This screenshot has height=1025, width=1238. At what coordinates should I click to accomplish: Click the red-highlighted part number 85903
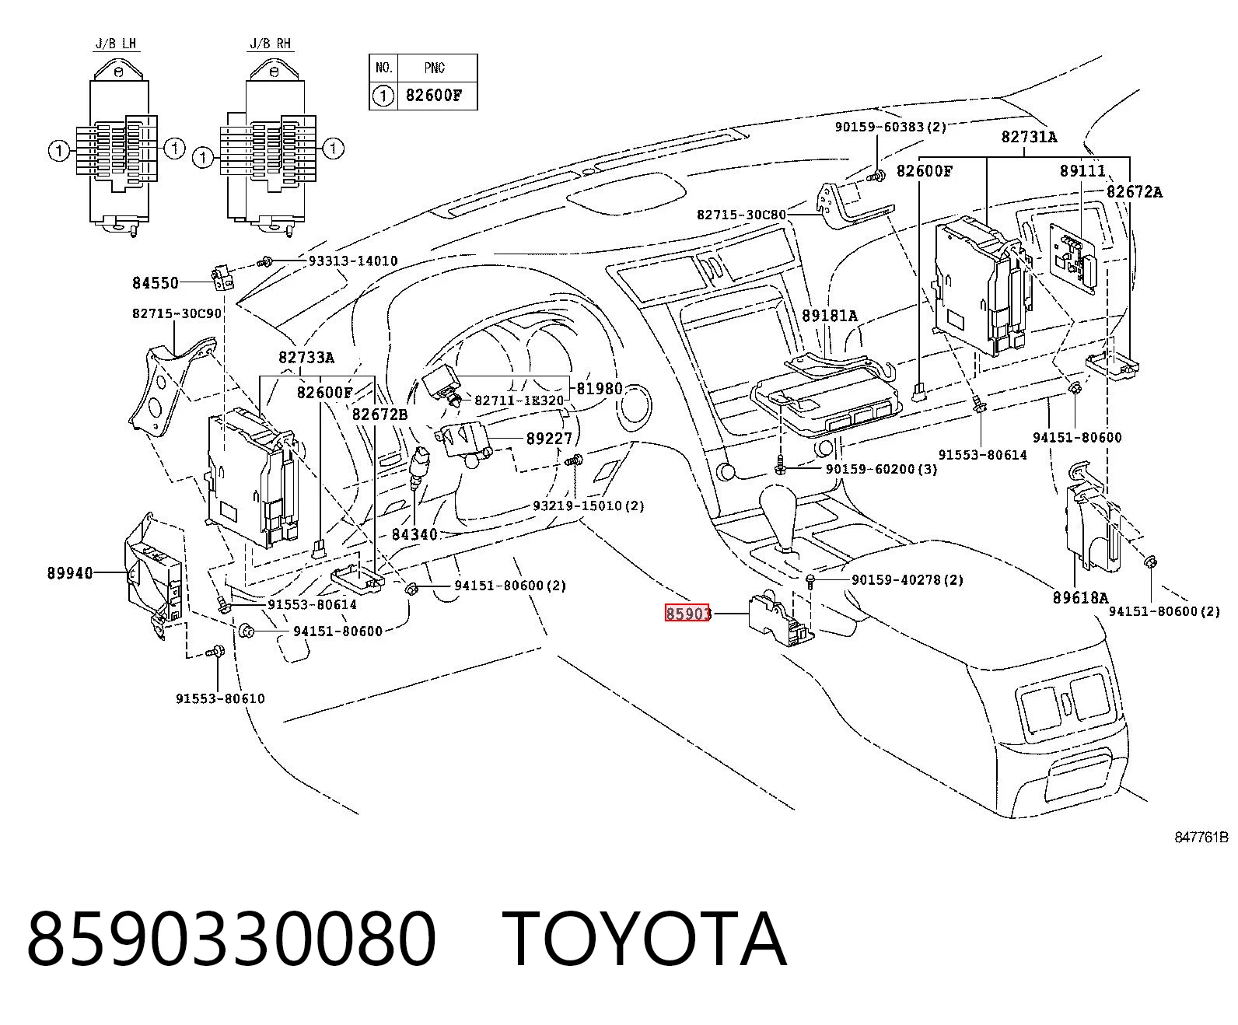(x=687, y=613)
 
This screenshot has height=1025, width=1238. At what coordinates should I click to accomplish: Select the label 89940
(x=70, y=573)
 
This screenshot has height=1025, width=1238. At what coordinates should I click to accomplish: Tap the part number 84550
(x=156, y=283)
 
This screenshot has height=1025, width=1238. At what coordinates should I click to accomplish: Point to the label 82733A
(x=306, y=357)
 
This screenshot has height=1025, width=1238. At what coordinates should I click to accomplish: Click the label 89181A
(x=830, y=316)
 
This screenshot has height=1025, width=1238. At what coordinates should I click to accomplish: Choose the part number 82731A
(x=1030, y=137)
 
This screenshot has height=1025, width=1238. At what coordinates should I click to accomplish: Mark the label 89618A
(x=1080, y=597)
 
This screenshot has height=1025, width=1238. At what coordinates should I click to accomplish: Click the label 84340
(x=414, y=534)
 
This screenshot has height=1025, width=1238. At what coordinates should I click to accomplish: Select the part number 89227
(x=550, y=439)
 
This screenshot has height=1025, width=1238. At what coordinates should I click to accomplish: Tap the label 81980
(x=600, y=389)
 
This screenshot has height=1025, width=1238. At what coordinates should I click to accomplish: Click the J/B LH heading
(x=116, y=44)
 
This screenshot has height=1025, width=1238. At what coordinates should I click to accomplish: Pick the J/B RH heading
(x=271, y=44)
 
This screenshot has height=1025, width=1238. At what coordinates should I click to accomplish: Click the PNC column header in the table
(x=435, y=68)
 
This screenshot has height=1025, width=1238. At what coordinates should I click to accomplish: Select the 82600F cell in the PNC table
(x=433, y=96)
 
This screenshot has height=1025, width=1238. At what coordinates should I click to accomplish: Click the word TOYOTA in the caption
(x=645, y=939)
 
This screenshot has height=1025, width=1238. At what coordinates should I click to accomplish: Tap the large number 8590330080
(x=231, y=939)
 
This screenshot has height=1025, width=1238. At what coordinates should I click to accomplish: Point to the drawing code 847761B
(x=1201, y=837)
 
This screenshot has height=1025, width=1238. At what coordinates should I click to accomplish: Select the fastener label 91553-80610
(x=220, y=698)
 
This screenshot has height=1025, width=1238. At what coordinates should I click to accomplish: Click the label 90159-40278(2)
(x=908, y=579)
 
